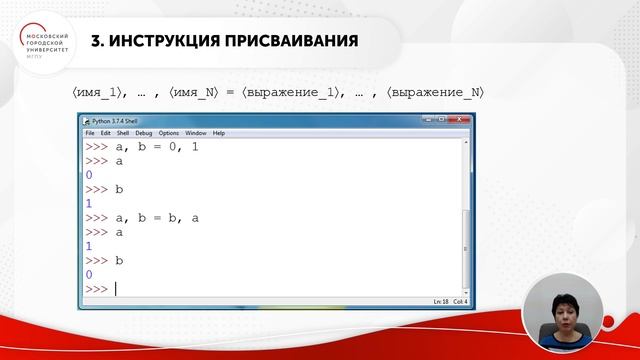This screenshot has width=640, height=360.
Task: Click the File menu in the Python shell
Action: tap(89, 133)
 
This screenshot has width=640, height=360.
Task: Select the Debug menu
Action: tap(143, 133)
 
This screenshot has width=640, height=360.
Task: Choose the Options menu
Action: tap(167, 133)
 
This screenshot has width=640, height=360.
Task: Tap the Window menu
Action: tap(196, 133)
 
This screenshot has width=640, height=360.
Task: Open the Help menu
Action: tap(219, 133)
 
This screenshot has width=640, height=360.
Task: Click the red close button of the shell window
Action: tap(462, 121)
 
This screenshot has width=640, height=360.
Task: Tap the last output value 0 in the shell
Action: tap(89, 274)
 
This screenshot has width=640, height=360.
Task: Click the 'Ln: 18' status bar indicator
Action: tap(413, 302)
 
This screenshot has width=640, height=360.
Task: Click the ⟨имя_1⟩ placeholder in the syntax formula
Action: tap(99, 93)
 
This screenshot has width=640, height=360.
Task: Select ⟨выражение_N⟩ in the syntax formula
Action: tap(437, 93)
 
